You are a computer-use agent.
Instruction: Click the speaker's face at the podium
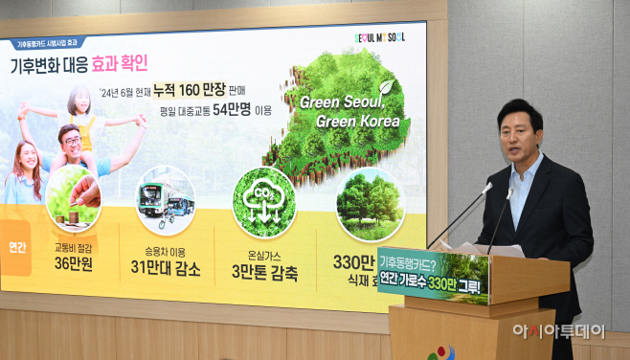(519, 132)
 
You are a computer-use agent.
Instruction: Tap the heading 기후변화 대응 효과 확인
(79, 65)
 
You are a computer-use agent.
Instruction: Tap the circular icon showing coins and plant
(73, 198)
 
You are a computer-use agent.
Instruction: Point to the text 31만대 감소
(166, 269)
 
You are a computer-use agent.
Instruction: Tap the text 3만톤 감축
(265, 273)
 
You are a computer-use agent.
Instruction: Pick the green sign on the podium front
(433, 277)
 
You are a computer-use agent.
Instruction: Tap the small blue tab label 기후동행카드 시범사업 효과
(50, 43)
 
